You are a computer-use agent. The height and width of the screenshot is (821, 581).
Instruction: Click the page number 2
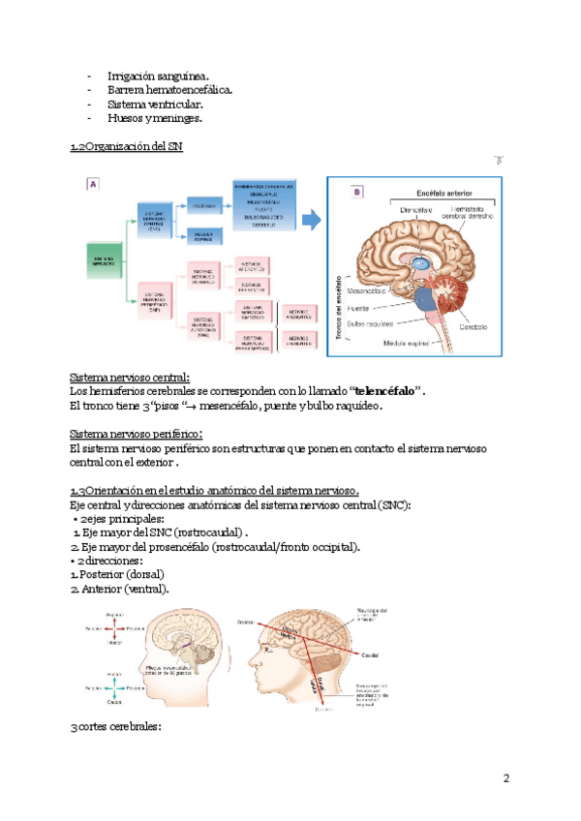pos(505,778)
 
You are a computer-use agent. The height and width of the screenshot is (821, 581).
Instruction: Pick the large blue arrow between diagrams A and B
pos(312,219)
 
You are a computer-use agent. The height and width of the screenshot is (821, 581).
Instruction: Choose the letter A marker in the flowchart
pos(93,183)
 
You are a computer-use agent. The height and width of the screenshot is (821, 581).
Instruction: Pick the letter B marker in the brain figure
pos(356,192)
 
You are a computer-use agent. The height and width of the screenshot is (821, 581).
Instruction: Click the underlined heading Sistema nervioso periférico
pos(143,434)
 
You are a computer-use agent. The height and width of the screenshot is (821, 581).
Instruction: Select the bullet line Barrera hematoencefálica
pos(169,90)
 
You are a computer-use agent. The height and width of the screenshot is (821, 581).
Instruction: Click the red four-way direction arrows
pos(113,627)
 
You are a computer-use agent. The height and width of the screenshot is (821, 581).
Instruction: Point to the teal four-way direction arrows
pos(113,685)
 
